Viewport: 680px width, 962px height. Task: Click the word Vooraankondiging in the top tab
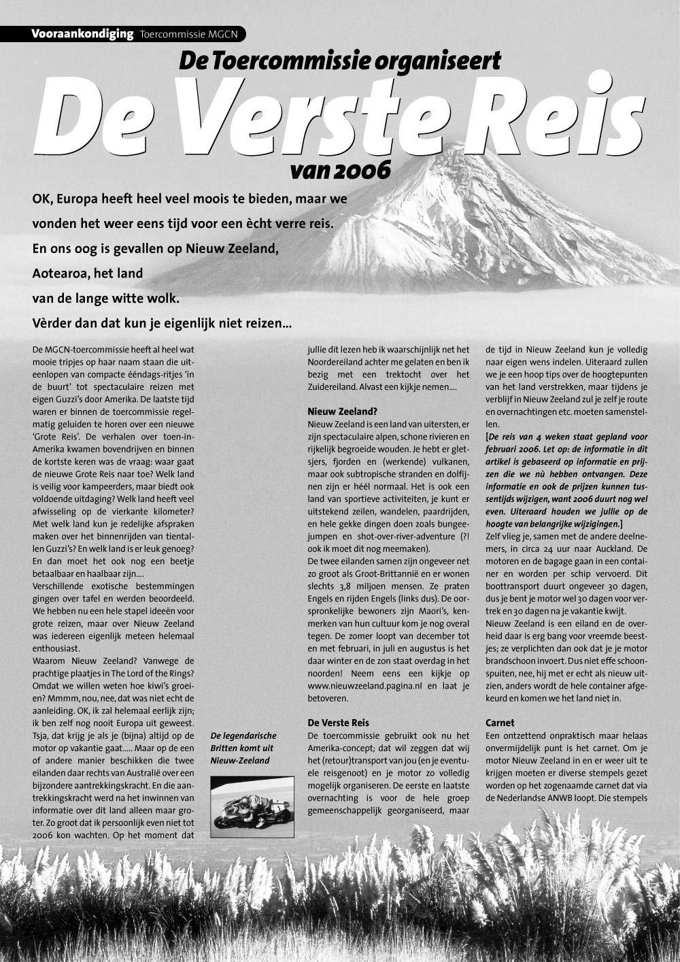click(x=82, y=34)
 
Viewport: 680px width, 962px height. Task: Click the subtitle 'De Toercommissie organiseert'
click(x=339, y=61)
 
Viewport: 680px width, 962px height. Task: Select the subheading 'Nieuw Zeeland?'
click(x=341, y=412)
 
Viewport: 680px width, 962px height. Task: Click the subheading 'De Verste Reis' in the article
click(x=338, y=723)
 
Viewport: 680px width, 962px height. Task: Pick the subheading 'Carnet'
click(x=500, y=723)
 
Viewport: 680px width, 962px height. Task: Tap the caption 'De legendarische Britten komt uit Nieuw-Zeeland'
click(x=243, y=748)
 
